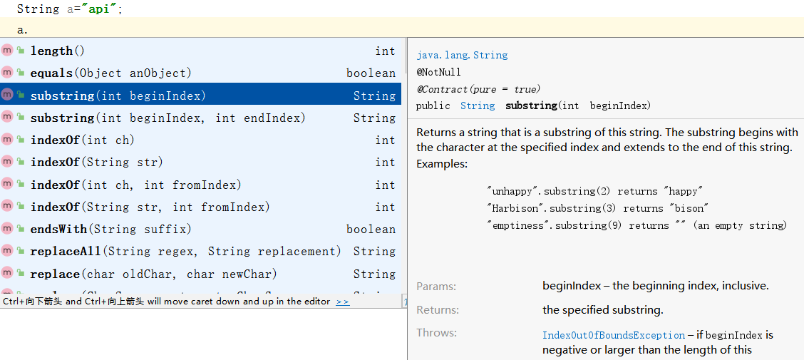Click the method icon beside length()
coord(7,50)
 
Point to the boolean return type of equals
coord(371,73)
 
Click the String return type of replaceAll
coord(374,251)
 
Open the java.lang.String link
coord(462,55)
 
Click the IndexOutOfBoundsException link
coord(614,335)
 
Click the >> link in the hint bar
coord(343,302)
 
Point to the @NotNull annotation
coord(438,72)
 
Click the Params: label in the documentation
coord(436,286)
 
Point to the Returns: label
coord(438,310)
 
